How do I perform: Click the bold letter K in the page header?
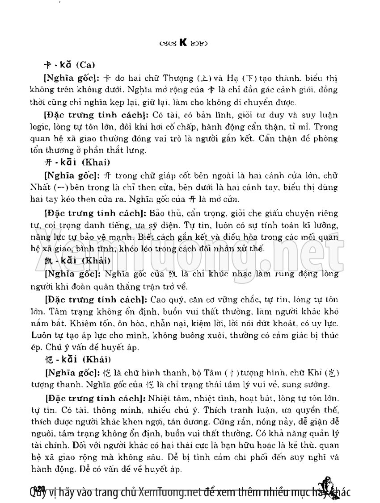[182, 43]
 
